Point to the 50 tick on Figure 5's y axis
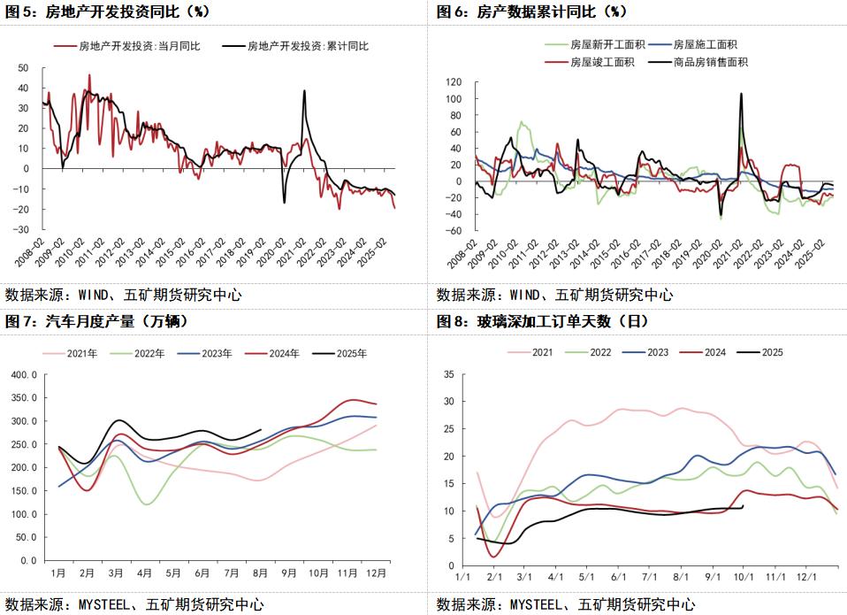(x=24, y=67)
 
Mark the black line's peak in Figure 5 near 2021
(x=304, y=90)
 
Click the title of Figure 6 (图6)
(x=531, y=12)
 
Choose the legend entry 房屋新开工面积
(x=601, y=44)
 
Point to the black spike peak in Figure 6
(x=740, y=93)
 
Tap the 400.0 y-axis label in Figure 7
(x=22, y=374)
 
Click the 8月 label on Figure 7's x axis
(x=261, y=573)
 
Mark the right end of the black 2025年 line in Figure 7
(x=261, y=430)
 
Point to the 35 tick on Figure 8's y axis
(x=448, y=374)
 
